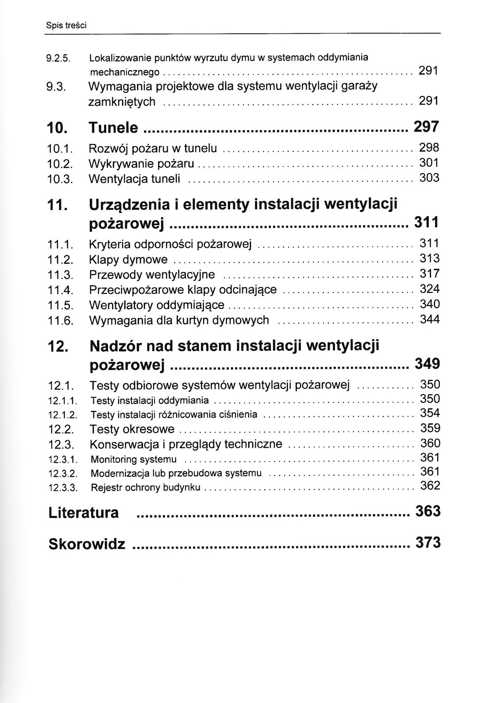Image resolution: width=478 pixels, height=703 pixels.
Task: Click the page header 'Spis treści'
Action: click(x=66, y=26)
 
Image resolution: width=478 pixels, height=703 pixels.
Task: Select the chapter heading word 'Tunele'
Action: click(x=113, y=128)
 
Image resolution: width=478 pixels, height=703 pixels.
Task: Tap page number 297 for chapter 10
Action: click(x=426, y=127)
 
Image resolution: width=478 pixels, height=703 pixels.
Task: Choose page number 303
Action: click(x=429, y=178)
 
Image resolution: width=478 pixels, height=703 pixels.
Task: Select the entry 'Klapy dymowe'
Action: click(x=128, y=260)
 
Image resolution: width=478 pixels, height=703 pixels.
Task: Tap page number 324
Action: click(x=429, y=289)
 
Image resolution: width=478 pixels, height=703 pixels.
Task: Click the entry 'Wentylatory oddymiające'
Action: click(x=157, y=305)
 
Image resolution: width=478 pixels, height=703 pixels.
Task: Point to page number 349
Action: click(x=427, y=364)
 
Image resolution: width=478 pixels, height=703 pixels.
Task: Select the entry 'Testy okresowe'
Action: click(x=132, y=429)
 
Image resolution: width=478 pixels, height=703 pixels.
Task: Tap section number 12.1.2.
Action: click(x=62, y=415)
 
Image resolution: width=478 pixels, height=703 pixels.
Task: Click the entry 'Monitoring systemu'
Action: click(x=133, y=459)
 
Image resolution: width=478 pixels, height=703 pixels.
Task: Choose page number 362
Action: click(x=430, y=486)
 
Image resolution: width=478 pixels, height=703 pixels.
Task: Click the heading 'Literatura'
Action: click(x=83, y=513)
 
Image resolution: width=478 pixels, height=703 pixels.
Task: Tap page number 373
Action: click(x=428, y=542)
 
